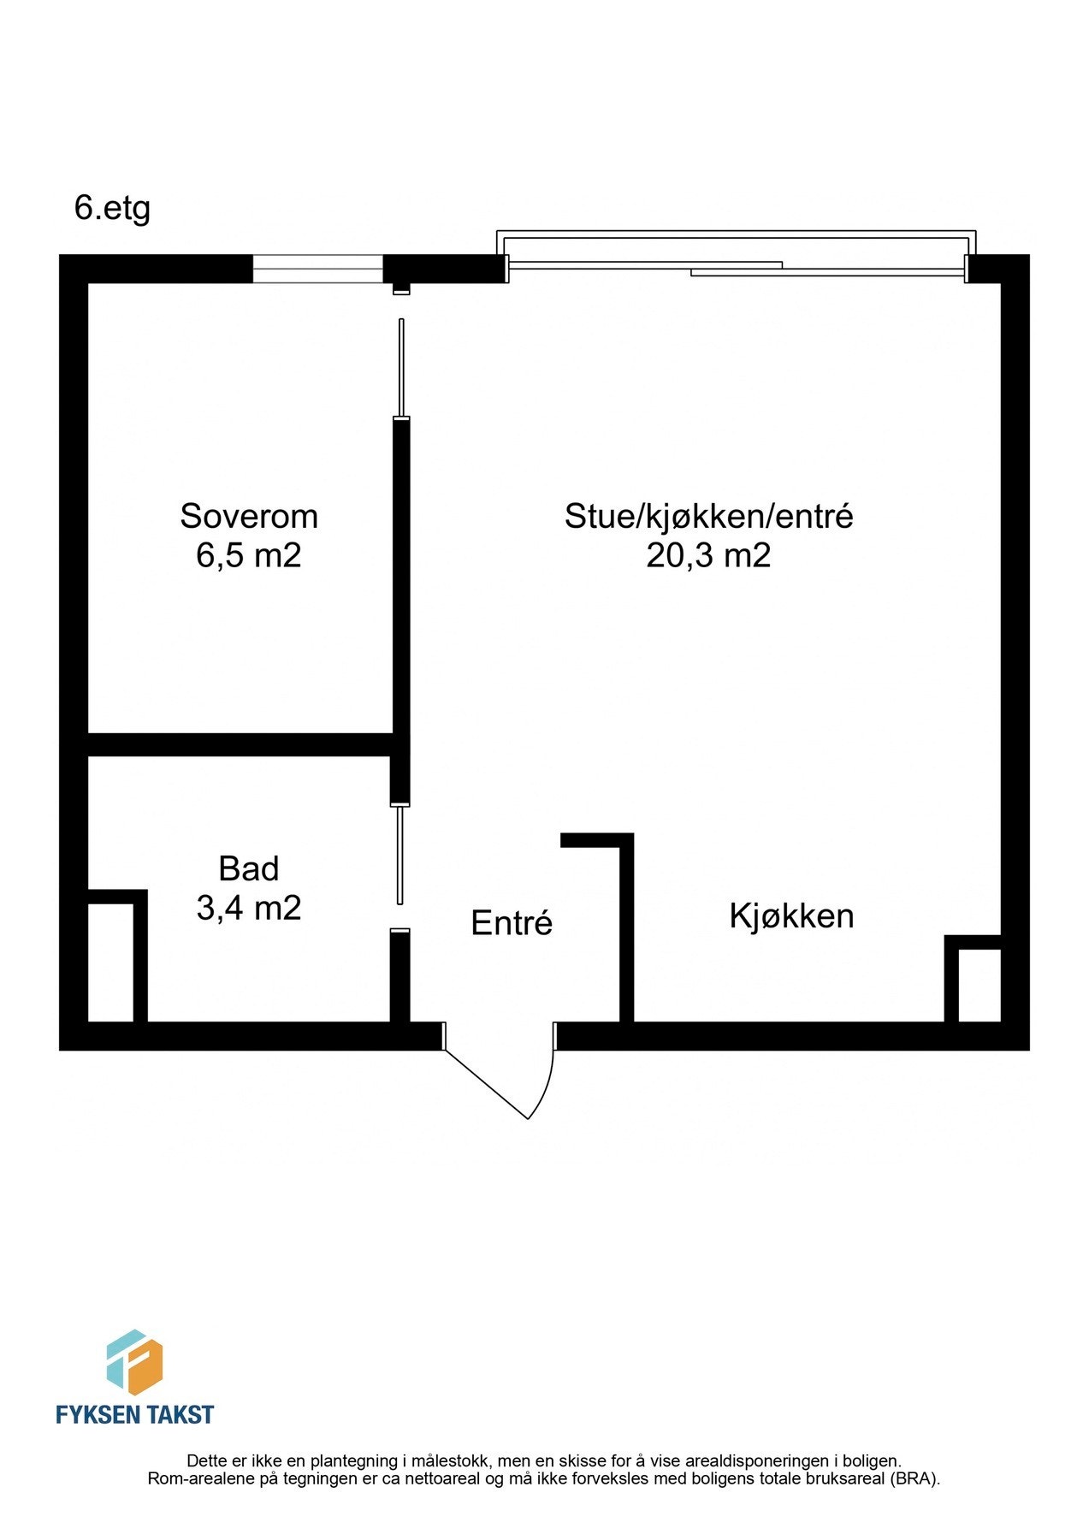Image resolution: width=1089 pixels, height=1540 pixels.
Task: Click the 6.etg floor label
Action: (x=112, y=208)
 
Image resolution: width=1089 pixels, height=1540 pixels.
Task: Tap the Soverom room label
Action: (x=248, y=516)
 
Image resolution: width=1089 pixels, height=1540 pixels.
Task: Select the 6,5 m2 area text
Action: (x=248, y=555)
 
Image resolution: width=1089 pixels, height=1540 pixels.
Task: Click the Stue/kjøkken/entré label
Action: (x=708, y=516)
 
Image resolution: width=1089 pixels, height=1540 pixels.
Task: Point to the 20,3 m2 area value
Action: (x=708, y=555)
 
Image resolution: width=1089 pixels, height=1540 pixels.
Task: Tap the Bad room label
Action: (x=248, y=868)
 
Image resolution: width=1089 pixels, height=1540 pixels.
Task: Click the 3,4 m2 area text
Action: (x=248, y=908)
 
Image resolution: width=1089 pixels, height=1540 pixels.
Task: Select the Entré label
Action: (x=512, y=923)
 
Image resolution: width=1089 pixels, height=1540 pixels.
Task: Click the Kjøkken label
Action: (x=791, y=916)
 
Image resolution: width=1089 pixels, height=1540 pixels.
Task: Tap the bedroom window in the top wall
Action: (x=317, y=269)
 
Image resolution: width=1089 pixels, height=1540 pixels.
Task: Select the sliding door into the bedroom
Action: (x=401, y=368)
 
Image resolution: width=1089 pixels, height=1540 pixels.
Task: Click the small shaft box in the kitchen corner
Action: (x=978, y=984)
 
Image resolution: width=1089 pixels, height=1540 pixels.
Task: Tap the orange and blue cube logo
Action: (x=134, y=1361)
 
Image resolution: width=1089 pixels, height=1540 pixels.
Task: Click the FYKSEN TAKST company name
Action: (x=134, y=1415)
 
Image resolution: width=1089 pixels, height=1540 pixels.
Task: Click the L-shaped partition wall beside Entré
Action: (x=625, y=924)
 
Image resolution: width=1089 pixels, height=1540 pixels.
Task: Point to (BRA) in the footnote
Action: (x=918, y=1479)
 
